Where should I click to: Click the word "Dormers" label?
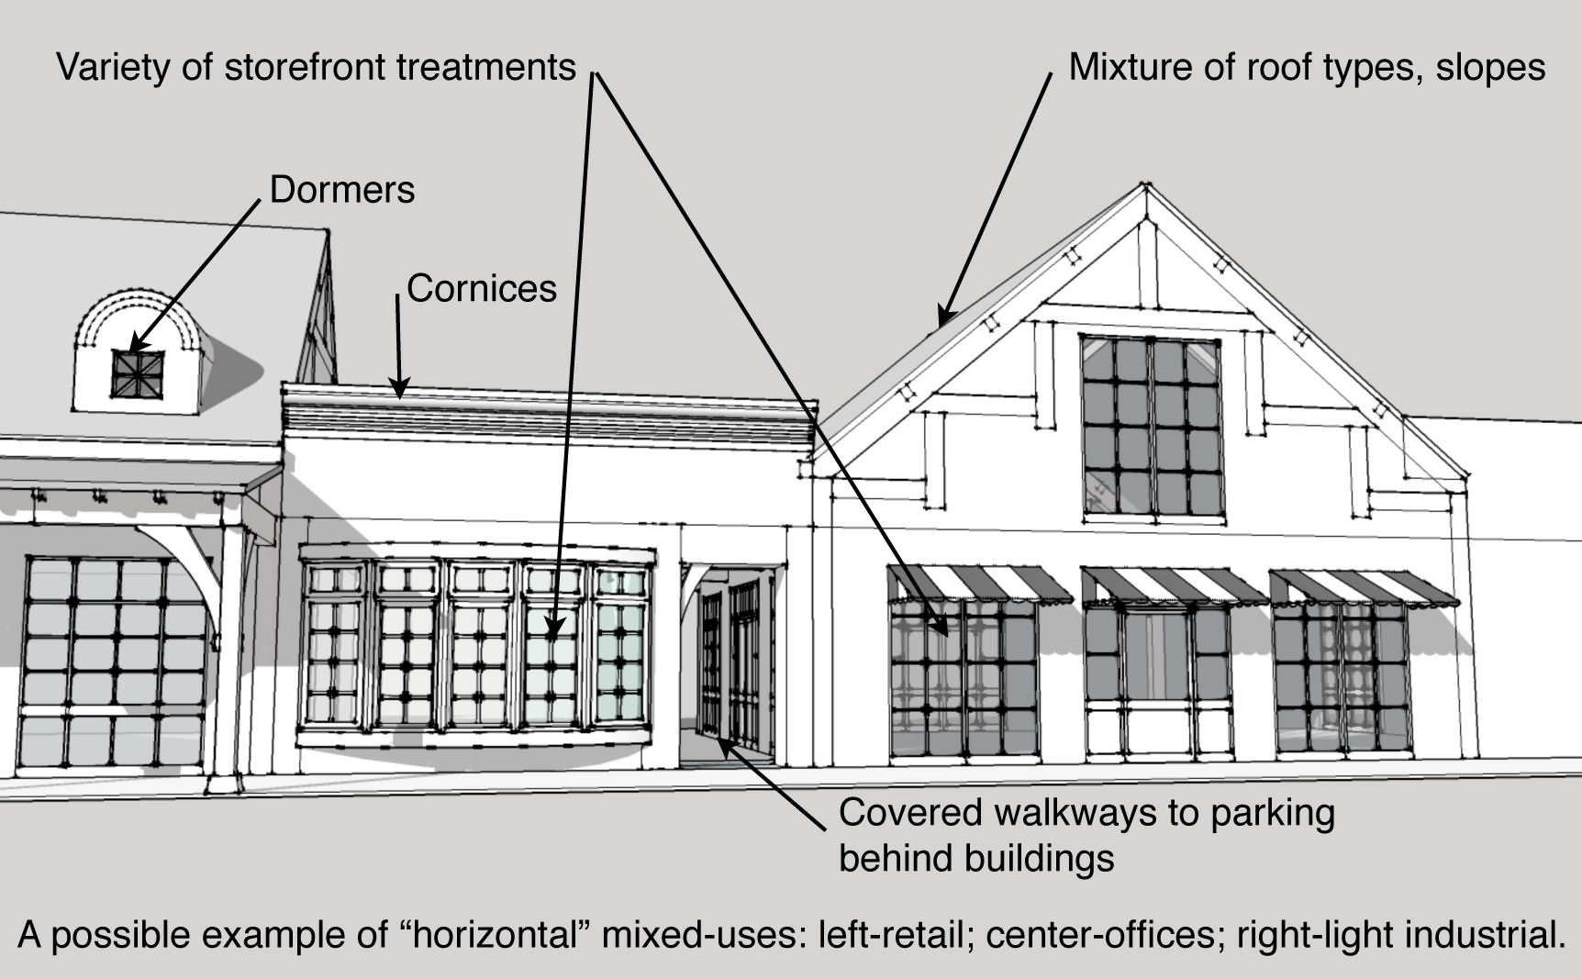coord(342,190)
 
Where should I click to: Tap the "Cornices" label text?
coord(482,289)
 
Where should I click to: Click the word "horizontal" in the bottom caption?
coord(508,935)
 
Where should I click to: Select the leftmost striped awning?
coord(964,584)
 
